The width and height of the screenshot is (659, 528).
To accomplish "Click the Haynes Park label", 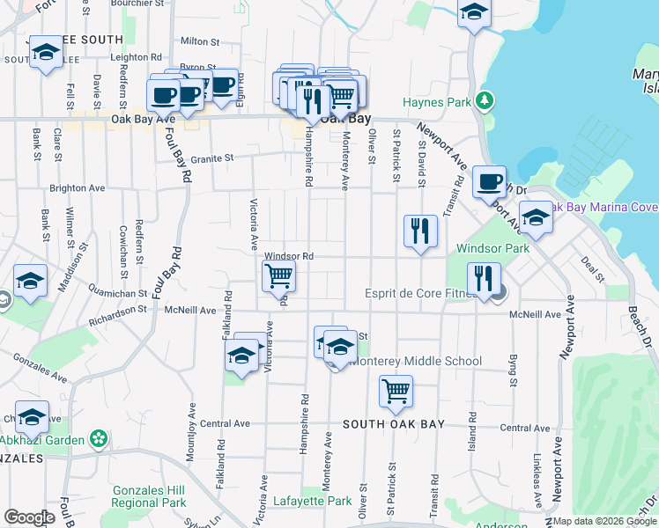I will [437, 102].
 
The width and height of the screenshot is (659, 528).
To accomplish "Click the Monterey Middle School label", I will [416, 361].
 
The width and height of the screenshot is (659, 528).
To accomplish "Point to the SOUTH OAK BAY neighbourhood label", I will [393, 423].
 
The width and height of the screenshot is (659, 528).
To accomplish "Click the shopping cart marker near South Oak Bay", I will [396, 392].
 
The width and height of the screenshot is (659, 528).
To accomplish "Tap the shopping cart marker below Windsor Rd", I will [278, 276].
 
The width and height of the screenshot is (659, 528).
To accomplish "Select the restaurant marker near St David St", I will [420, 231].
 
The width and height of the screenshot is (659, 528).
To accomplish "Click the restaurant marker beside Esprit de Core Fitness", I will [483, 279].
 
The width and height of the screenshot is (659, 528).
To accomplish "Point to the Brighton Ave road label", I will [78, 188].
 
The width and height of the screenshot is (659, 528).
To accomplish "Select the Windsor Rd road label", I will [289, 256].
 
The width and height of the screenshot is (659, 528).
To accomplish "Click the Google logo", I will [29, 517].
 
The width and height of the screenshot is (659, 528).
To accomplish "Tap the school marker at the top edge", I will [474, 13].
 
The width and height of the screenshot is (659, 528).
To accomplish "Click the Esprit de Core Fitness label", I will [420, 294].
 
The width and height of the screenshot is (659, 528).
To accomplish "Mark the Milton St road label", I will [199, 41].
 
